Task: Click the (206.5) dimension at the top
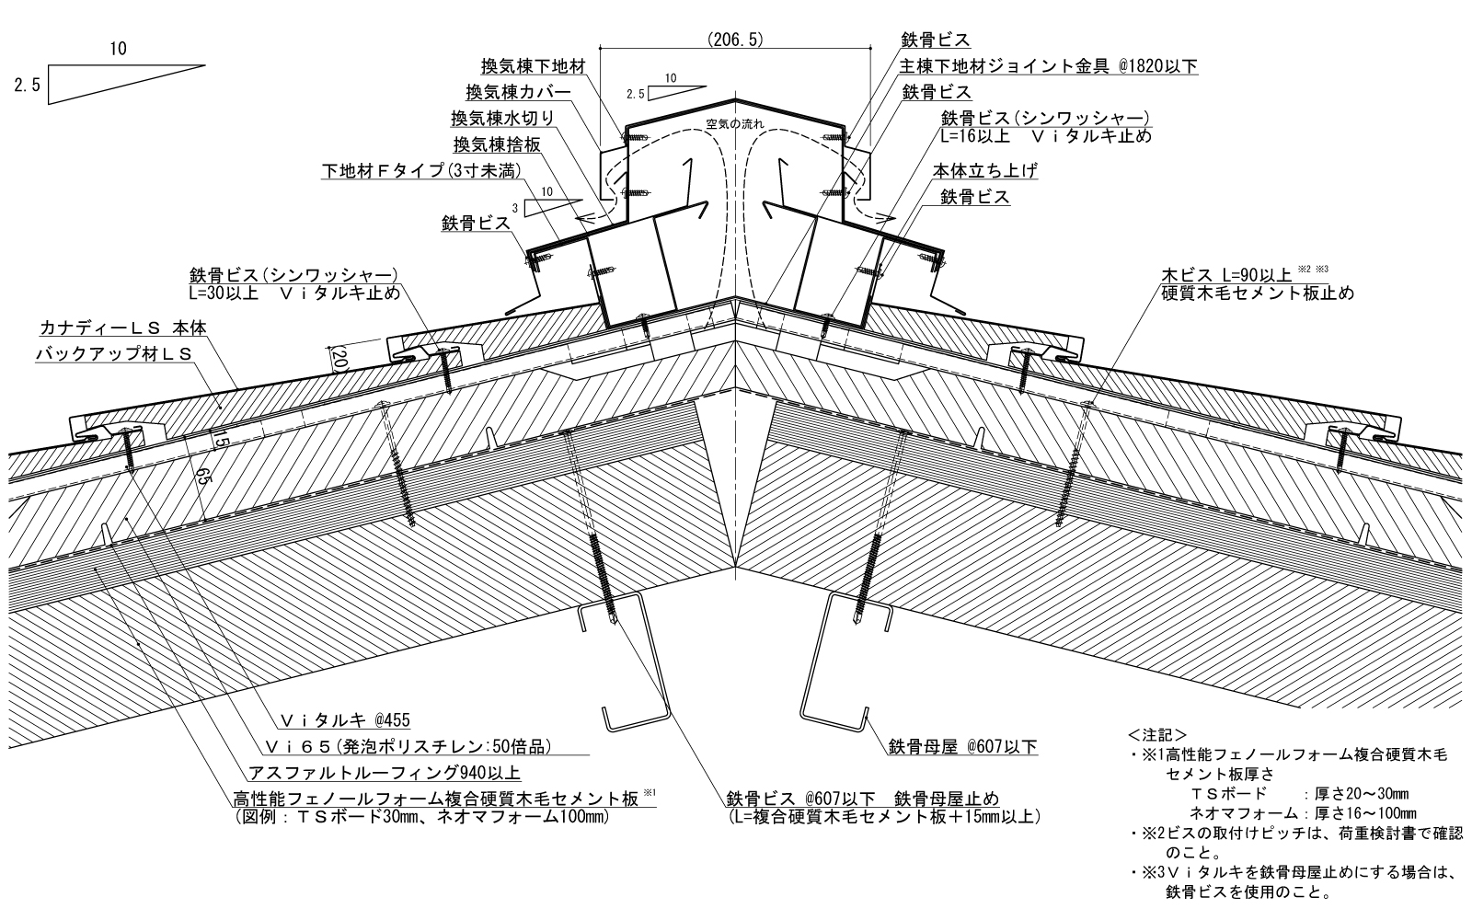[736, 40]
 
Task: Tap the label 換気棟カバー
[518, 92]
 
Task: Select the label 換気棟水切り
[502, 118]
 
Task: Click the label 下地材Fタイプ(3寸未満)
[422, 171]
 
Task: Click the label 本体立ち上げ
[985, 171]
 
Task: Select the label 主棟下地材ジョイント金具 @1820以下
[1049, 66]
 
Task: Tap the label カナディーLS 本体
[123, 328]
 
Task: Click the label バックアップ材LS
[114, 353]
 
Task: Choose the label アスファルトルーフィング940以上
[385, 772]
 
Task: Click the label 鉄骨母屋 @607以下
[962, 746]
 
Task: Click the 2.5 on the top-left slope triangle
[25, 86]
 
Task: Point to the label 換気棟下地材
[533, 67]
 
